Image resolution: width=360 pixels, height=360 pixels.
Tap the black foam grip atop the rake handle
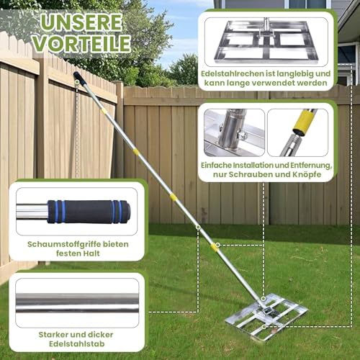tap(79, 78)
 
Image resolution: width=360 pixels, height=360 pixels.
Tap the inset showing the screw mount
tap(235, 132)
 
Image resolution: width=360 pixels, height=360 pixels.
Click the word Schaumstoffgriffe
tap(58, 243)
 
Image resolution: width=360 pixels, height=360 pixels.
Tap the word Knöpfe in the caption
tap(313, 176)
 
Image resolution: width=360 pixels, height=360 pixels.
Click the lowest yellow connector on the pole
tap(214, 246)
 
